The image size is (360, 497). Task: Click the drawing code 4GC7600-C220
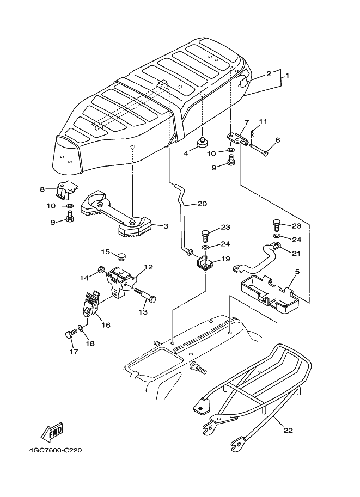click(x=52, y=451)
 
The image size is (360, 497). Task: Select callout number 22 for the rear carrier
click(x=288, y=430)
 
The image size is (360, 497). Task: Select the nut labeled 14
click(x=101, y=269)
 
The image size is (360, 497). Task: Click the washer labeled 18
click(x=81, y=329)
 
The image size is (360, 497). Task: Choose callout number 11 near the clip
click(x=263, y=121)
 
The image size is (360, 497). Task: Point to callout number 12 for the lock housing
click(x=148, y=267)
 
